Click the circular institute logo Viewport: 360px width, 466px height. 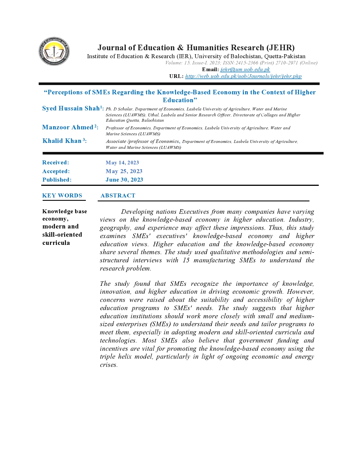(x=54, y=51)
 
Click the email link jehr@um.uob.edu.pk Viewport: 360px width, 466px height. (x=245, y=69)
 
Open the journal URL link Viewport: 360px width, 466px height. (x=243, y=76)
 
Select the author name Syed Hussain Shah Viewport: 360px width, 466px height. (x=71, y=108)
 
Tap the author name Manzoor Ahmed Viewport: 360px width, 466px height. (x=68, y=127)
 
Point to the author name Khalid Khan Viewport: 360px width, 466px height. (x=62, y=141)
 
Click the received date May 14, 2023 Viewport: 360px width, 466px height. (x=122, y=163)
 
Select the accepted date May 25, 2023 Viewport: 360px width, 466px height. (x=124, y=171)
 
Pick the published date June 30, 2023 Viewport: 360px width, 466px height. (x=124, y=180)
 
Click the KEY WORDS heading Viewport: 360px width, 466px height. (x=62, y=196)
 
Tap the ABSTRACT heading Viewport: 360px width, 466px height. (x=118, y=196)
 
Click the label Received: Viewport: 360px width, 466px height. (x=56, y=163)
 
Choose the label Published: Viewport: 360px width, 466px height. (x=57, y=180)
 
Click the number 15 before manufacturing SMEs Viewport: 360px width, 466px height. (x=186, y=260)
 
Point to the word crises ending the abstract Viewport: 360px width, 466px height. (x=108, y=365)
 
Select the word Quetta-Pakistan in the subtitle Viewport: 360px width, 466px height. (x=285, y=56)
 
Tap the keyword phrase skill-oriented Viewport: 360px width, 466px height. (x=62, y=235)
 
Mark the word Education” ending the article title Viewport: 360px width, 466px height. (x=180, y=100)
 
